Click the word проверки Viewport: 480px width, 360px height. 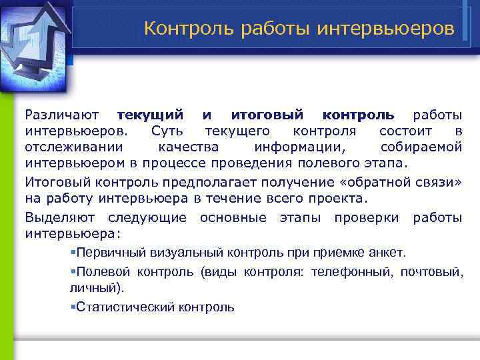(x=367, y=218)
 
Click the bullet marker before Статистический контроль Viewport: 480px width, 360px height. (x=72, y=307)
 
